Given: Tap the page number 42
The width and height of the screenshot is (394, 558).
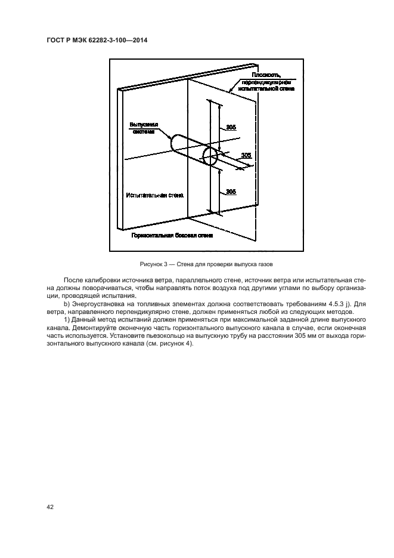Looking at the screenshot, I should pos(50,507).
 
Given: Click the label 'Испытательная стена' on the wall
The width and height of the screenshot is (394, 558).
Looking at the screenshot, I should pos(155,195).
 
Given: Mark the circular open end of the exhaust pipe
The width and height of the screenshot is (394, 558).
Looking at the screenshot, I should pos(210,157).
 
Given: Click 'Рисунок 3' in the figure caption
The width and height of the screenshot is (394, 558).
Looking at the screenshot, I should pos(153,264).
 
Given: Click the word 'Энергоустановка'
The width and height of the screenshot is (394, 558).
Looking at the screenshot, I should pos(98,304).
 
